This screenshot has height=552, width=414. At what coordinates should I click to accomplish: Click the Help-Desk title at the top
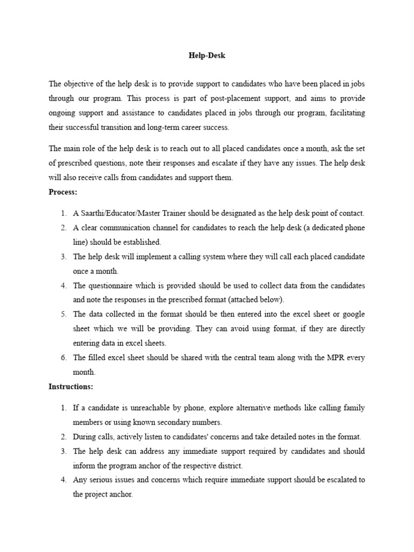(x=207, y=55)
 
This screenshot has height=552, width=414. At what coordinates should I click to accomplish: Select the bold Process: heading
(x=63, y=192)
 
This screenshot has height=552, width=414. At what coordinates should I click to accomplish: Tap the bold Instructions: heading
(x=71, y=386)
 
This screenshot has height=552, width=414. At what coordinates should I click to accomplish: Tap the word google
(x=353, y=314)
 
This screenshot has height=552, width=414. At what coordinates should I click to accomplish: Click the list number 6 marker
(x=63, y=357)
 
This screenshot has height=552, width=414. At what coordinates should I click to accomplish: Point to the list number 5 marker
(x=63, y=314)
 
